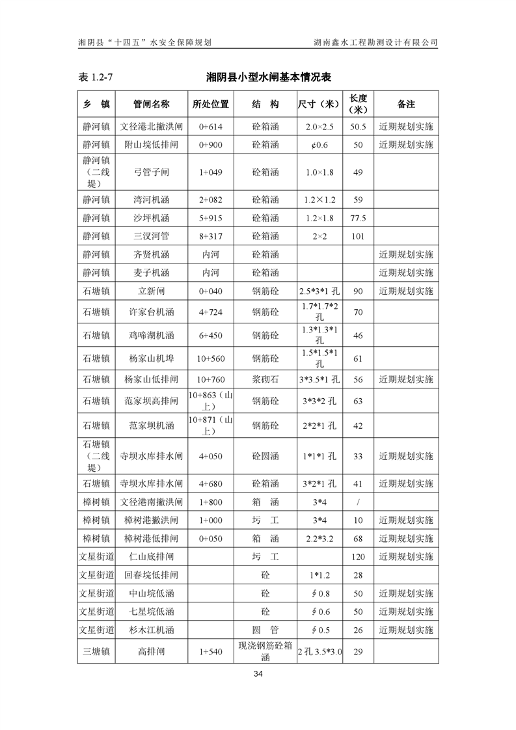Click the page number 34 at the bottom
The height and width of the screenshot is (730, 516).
[258, 673]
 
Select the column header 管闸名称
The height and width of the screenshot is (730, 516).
[151, 104]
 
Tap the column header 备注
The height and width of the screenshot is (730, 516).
[405, 104]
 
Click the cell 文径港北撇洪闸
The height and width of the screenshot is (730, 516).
[151, 126]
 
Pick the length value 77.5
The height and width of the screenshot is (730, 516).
[358, 218]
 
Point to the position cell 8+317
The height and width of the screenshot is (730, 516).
[211, 236]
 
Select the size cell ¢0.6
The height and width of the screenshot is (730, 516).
[320, 144]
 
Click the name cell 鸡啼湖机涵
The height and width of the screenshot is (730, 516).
[151, 336]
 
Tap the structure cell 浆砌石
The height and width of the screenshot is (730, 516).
[265, 379]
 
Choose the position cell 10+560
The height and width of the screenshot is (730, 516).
[211, 358]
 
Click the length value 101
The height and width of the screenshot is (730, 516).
[358, 236]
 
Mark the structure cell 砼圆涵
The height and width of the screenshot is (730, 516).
[265, 456]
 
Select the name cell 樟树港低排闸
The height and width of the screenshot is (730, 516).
[151, 539]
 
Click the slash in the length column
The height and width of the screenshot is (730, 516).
[358, 502]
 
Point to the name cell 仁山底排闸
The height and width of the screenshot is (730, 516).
[151, 557]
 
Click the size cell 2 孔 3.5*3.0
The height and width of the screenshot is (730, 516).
[320, 651]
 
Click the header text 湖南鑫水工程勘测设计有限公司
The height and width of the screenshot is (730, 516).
[375, 42]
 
